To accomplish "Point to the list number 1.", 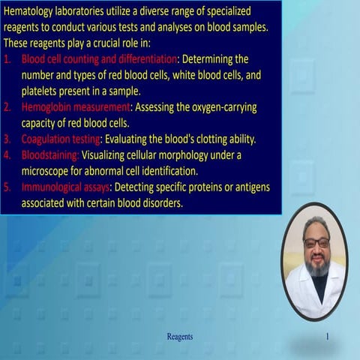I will click(7, 58).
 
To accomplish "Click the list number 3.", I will click(7, 139).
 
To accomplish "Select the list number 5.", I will click(7, 186).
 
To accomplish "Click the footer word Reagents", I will click(179, 337).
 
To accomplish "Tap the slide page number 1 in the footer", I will click(327, 337).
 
